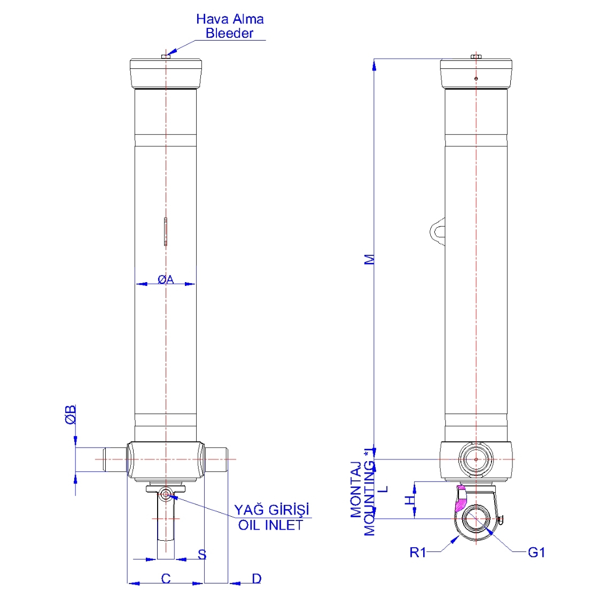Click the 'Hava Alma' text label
pos(230,19)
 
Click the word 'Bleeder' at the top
pos(230,34)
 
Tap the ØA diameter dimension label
pos(166,279)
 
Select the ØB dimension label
pos(71,415)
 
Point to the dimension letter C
pos(166,578)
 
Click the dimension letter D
pos(256,578)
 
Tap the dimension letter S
pos(202,555)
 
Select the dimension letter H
pos(409,500)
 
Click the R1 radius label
pos(418,552)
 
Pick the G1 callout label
pos(536,552)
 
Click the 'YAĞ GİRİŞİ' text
pos(271,510)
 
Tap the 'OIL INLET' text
pos(270,525)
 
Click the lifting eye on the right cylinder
pos(437,231)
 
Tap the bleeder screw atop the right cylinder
pos(476,56)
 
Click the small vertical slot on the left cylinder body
pos(166,231)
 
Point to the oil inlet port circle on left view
pos(166,495)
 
